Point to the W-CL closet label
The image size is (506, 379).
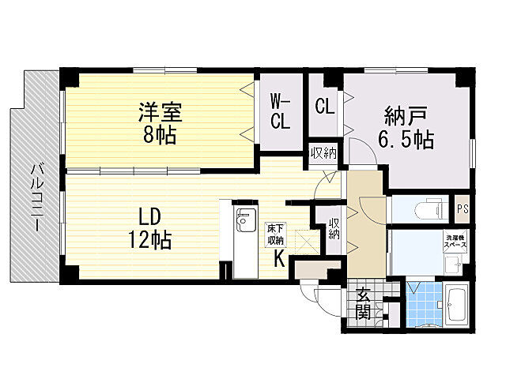click(281, 111)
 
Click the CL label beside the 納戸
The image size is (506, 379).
click(324, 106)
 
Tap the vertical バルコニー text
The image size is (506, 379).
click(36, 198)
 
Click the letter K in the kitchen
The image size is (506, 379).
click(280, 258)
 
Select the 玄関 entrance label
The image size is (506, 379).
click(363, 304)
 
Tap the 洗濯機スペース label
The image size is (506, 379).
click(455, 242)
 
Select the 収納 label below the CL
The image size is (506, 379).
click(322, 152)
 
